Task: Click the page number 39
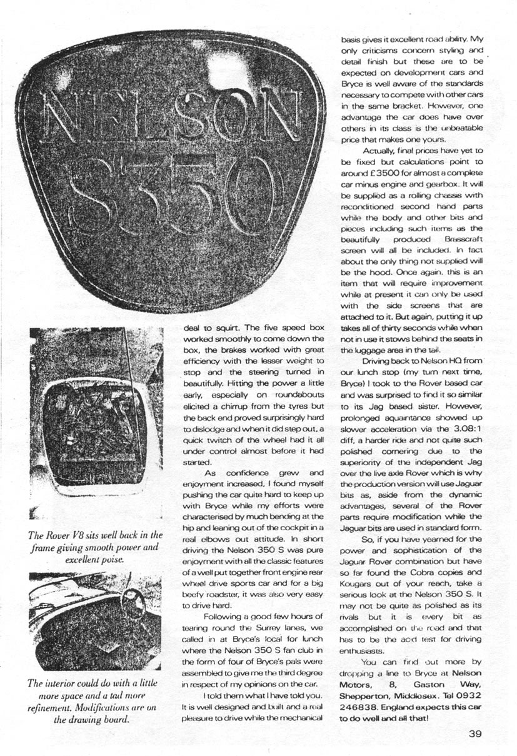474,735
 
